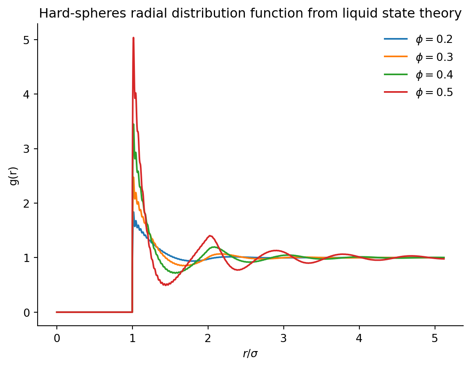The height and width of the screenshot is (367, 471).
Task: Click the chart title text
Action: pyautogui.click(x=250, y=14)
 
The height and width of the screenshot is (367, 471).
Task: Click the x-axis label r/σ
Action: pyautogui.click(x=250, y=354)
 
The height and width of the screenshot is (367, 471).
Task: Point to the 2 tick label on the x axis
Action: pyautogui.click(x=208, y=338)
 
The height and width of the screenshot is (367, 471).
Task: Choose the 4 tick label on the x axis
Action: pyautogui.click(x=359, y=338)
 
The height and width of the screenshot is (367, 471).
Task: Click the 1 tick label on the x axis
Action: pyautogui.click(x=132, y=338)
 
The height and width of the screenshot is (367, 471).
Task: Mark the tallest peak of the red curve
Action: pyautogui.click(x=133, y=38)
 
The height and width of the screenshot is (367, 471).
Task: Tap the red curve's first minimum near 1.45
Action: pyautogui.click(x=166, y=284)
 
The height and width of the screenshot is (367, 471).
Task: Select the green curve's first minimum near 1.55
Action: pyautogui.click(x=175, y=273)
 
